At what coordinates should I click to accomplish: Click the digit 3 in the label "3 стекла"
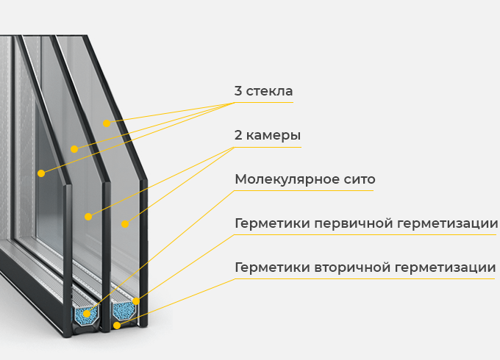tap(238, 92)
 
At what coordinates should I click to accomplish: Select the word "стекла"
tap(270, 92)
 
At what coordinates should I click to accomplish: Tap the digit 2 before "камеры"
tap(238, 136)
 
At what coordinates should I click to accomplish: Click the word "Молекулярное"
tap(289, 180)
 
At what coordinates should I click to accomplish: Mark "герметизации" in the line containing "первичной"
tap(451, 223)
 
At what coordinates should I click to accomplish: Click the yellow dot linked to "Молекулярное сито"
tap(87, 314)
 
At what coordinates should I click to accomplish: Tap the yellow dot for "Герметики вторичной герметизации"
tap(116, 325)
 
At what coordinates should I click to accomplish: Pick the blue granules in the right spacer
tap(123, 309)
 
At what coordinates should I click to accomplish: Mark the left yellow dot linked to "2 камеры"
tap(88, 217)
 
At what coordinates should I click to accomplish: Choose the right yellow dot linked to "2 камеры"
tap(125, 223)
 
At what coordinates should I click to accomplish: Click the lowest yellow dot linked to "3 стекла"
tap(41, 173)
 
